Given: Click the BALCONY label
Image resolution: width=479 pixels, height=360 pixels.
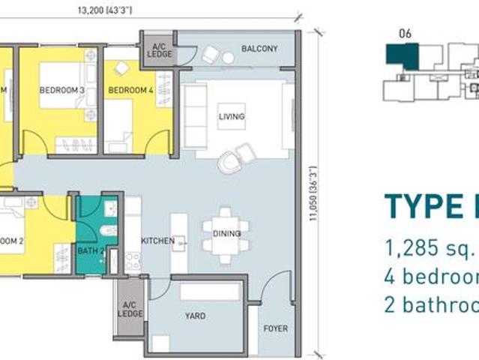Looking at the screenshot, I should pyautogui.click(x=259, y=49).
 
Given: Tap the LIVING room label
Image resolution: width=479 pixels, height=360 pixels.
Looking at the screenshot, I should pyautogui.click(x=231, y=117).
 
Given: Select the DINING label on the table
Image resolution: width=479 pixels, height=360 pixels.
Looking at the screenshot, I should pyautogui.click(x=226, y=233).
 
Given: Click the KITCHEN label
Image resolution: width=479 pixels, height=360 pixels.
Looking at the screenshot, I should pyautogui.click(x=158, y=241).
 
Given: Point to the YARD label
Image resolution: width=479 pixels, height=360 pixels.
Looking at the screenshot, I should pyautogui.click(x=195, y=316).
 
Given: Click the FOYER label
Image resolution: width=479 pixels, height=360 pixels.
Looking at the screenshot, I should pyautogui.click(x=275, y=328).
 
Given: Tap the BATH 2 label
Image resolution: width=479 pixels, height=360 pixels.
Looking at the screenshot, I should pyautogui.click(x=90, y=251).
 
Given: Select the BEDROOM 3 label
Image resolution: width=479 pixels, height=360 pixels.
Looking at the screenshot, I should pyautogui.click(x=61, y=91).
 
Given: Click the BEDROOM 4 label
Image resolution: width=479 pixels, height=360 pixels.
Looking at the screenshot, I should pyautogui.click(x=130, y=91).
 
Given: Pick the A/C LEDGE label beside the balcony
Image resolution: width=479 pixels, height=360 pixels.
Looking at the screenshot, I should pyautogui.click(x=158, y=49).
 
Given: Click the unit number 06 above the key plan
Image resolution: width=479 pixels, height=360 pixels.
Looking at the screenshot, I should pyautogui.click(x=406, y=33).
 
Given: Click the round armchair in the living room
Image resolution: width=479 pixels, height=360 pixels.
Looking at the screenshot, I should pyautogui.click(x=229, y=160).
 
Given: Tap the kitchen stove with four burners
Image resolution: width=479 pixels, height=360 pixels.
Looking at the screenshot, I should pyautogui.click(x=132, y=261).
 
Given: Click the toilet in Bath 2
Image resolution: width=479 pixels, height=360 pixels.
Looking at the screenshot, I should pyautogui.click(x=109, y=230).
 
